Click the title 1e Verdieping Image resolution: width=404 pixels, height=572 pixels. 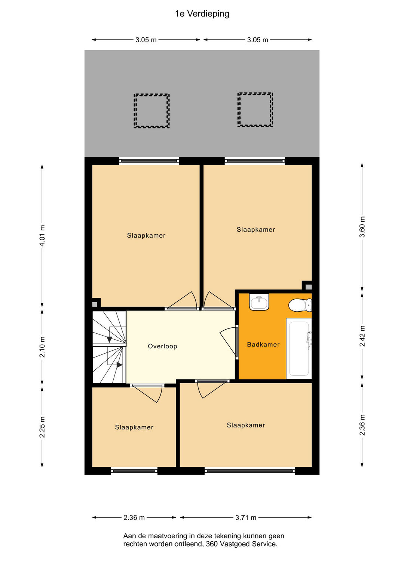pos(202,14)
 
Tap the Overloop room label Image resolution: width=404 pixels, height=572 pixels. pos(162,346)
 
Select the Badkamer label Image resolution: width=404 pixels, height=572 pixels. pos(263,345)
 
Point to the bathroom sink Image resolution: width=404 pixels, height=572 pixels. pos(259,302)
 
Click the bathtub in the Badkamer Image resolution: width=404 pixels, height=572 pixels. pos(299,349)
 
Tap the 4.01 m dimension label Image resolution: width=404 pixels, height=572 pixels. pos(42,236)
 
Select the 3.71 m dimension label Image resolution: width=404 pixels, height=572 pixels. pos(246,518)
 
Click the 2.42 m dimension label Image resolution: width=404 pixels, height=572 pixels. pos(362,336)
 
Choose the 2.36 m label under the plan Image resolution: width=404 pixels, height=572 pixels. pos(134,518)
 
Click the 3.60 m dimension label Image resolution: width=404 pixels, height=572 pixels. pos(362,227)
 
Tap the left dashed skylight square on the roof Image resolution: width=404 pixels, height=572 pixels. pos(151,111)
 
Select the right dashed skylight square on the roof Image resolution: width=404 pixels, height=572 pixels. pos(255,109)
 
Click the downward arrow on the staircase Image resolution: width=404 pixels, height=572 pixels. pos(109,340)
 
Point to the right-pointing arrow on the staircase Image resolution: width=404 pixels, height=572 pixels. pos(119,365)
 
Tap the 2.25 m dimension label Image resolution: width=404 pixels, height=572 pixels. pos(42,427)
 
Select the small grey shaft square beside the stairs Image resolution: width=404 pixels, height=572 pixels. pos(94,304)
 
